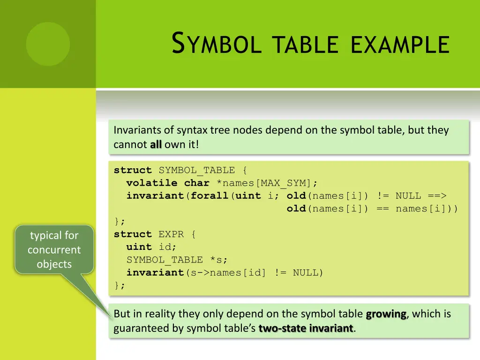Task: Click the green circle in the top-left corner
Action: click(48, 44)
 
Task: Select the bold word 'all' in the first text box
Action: click(156, 144)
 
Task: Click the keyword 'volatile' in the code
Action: click(152, 183)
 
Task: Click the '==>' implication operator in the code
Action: click(437, 195)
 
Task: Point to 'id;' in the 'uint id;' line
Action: click(165, 247)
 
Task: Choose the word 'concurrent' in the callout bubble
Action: click(54, 250)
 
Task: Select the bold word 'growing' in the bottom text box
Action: click(386, 314)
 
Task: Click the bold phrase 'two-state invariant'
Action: click(306, 329)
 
